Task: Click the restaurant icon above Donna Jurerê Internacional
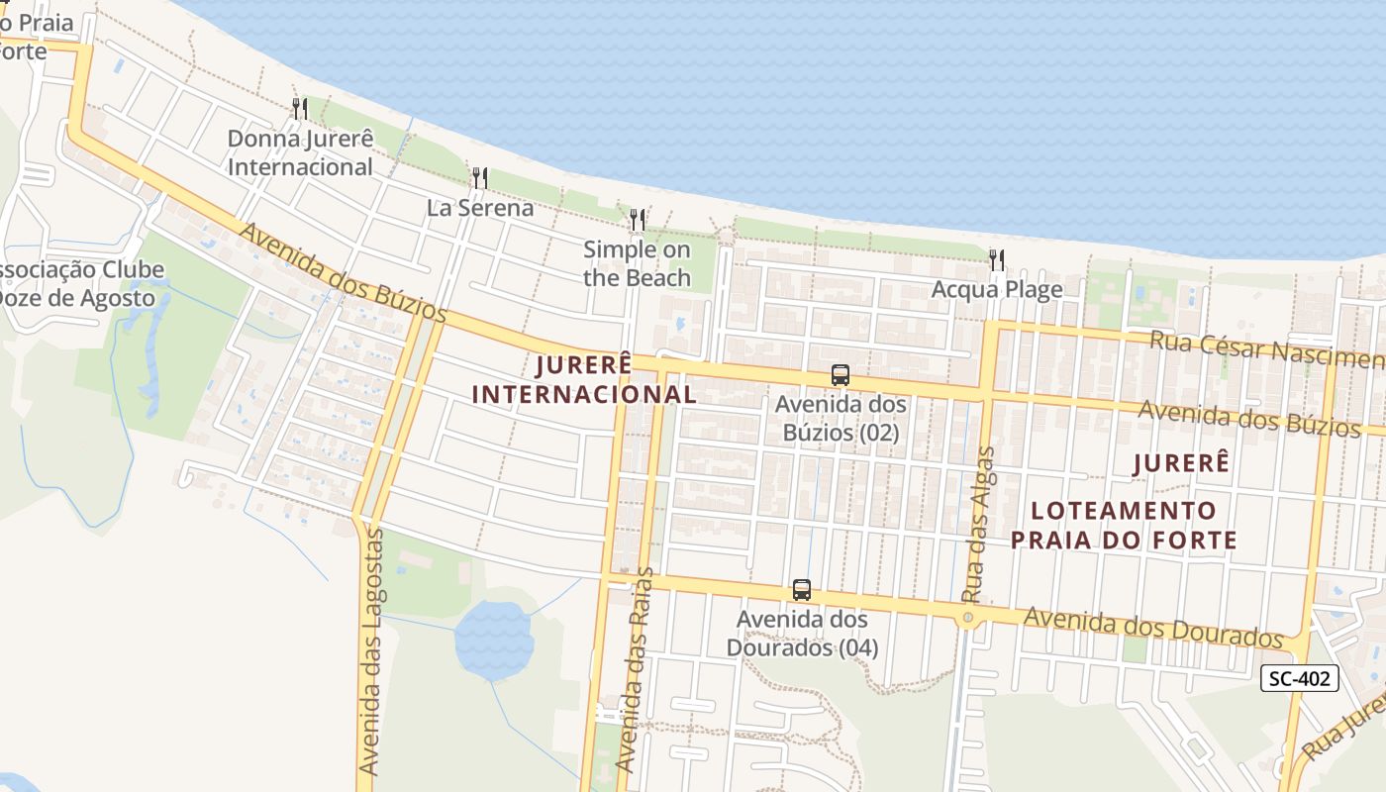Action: tap(300, 109)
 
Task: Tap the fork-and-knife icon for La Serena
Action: tap(479, 178)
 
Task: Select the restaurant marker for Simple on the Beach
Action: tap(638, 220)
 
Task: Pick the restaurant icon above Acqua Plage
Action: tap(997, 260)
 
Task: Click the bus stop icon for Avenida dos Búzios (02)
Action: tap(841, 375)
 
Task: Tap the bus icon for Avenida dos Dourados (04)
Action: tap(802, 590)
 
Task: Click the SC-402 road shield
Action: tap(1300, 678)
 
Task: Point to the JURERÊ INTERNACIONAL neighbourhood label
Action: tap(584, 379)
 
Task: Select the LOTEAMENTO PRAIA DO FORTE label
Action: tap(1124, 525)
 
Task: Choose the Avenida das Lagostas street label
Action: tap(371, 651)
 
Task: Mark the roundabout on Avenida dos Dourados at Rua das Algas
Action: tap(968, 618)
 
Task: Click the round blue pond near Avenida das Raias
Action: tap(493, 640)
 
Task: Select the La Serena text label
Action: tap(480, 208)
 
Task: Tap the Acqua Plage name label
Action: tap(997, 289)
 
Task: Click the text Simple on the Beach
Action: tap(637, 263)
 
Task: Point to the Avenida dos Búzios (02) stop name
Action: tap(841, 419)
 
